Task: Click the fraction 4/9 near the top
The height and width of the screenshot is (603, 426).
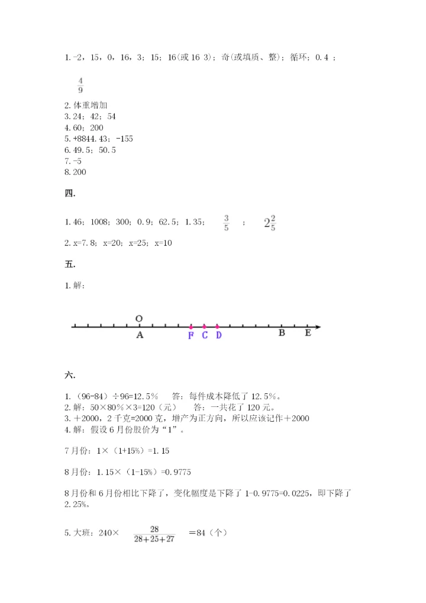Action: pyautogui.click(x=80, y=85)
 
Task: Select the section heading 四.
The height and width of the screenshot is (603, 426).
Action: pyautogui.click(x=70, y=193)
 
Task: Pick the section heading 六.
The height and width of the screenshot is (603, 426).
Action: pyautogui.click(x=70, y=375)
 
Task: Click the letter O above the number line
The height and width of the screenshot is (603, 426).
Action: pyautogui.click(x=139, y=319)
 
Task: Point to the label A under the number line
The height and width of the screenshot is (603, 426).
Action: pyautogui.click(x=140, y=335)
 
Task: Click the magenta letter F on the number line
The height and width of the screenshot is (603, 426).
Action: pyautogui.click(x=191, y=335)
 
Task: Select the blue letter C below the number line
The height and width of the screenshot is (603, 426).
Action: pyautogui.click(x=205, y=335)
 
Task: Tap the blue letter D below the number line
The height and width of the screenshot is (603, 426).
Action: pyautogui.click(x=218, y=335)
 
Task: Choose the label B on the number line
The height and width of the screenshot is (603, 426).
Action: pyautogui.click(x=282, y=333)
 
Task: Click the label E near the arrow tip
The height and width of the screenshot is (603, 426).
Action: pyautogui.click(x=308, y=333)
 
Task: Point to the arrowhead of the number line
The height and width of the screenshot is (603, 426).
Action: pyautogui.click(x=318, y=326)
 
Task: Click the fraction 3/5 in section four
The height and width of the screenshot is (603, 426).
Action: pyautogui.click(x=227, y=223)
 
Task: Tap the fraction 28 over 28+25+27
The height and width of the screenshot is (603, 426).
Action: pyautogui.click(x=154, y=535)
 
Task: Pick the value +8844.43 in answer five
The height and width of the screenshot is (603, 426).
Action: pyautogui.click(x=91, y=139)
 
